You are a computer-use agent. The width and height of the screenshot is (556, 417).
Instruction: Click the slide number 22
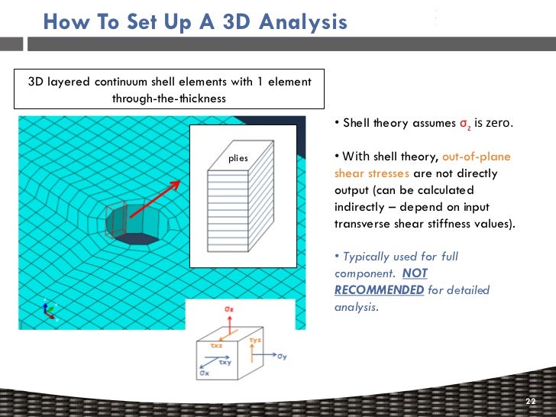coord(532,402)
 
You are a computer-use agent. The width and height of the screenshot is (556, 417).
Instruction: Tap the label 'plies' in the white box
coord(238,158)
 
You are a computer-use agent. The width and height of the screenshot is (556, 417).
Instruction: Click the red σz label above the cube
coord(228,309)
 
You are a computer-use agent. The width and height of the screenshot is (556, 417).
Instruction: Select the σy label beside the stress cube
coord(282,357)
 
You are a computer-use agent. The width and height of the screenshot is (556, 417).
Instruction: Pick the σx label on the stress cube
coord(205,373)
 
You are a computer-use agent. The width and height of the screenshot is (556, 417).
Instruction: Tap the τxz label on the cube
coord(216,346)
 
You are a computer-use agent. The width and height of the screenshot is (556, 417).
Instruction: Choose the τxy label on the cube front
coord(225,363)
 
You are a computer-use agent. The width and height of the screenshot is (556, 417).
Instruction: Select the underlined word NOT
coord(415,273)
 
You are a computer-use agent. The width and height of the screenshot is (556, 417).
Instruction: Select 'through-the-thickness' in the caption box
coord(169,98)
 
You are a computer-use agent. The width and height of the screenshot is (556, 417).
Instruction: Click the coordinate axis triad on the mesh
coord(50,308)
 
